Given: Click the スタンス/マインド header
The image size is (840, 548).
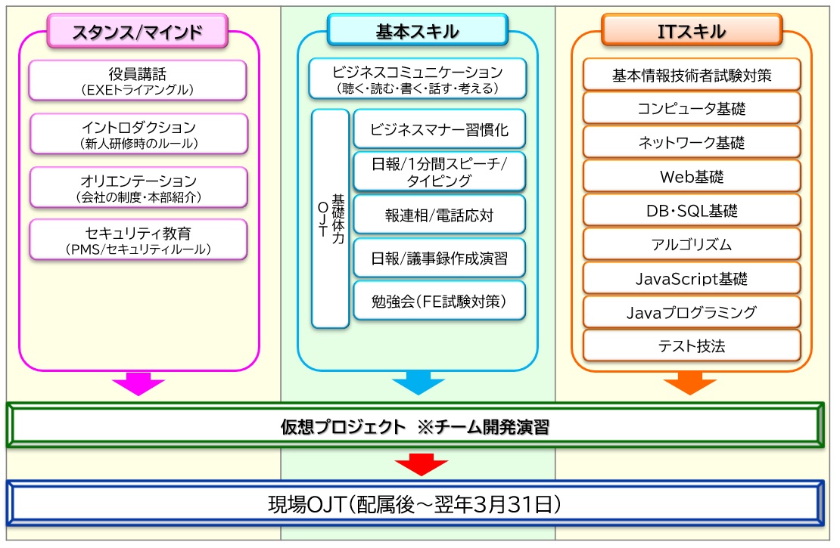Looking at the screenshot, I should [x=138, y=31].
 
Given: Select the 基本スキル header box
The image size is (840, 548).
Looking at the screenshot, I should [x=417, y=31].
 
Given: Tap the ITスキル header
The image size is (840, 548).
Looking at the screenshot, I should [x=691, y=31].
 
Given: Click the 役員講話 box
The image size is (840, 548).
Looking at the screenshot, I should [x=138, y=80].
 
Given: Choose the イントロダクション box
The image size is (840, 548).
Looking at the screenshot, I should [x=138, y=134].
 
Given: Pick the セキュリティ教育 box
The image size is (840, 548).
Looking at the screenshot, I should [x=138, y=240].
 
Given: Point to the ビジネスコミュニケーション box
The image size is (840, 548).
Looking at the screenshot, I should [x=417, y=79].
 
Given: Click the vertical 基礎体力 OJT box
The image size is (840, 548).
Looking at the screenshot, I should [x=330, y=218].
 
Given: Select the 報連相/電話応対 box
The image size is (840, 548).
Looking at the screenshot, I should [x=439, y=215].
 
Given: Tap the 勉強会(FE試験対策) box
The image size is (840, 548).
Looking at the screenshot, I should [x=439, y=301].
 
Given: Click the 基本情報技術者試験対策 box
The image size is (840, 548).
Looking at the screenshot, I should [x=691, y=75].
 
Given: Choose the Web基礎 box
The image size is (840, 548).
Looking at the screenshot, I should [x=691, y=177].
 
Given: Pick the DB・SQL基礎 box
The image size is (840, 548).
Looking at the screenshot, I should [x=691, y=211].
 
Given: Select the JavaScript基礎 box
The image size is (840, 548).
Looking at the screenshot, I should [x=691, y=278].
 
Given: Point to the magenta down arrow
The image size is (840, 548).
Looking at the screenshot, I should [x=138, y=383].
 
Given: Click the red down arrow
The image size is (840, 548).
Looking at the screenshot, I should [x=417, y=463].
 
